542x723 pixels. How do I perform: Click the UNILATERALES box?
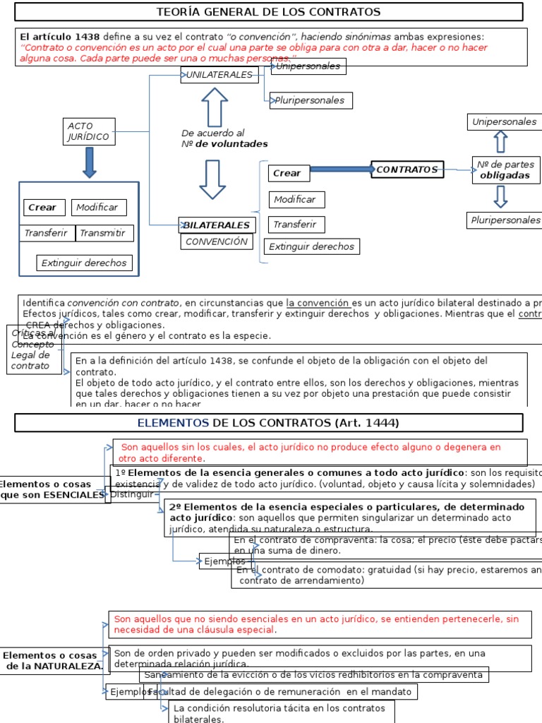[219, 74]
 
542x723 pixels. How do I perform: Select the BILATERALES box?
[217, 225]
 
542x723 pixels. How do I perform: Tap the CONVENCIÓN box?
[217, 241]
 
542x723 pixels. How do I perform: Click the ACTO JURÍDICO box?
[89, 131]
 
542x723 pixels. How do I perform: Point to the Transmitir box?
[105, 233]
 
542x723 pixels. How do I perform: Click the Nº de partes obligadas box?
[505, 169]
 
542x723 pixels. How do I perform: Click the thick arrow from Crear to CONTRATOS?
[341, 169]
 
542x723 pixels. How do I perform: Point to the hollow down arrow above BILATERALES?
[213, 179]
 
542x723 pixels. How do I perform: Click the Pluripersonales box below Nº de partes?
[505, 220]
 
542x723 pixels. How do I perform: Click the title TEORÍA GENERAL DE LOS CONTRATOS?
[269, 12]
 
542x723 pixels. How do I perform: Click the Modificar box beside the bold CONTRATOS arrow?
[295, 199]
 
